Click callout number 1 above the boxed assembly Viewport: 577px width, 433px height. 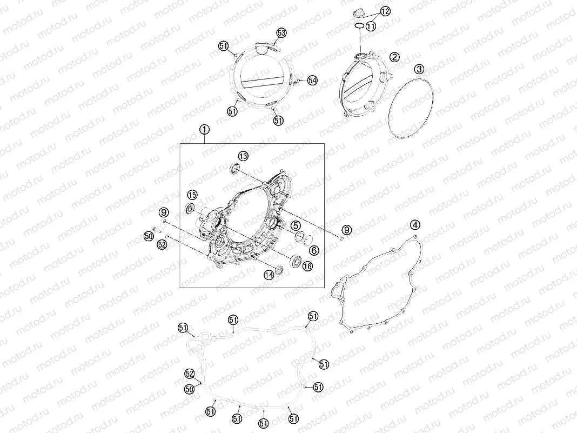(x=205, y=129)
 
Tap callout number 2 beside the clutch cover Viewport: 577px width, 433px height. (x=394, y=57)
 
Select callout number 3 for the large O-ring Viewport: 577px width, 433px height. (x=419, y=69)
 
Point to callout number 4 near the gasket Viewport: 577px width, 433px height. (x=415, y=224)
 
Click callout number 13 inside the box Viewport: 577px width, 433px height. (x=243, y=156)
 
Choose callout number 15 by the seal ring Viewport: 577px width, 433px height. (x=192, y=195)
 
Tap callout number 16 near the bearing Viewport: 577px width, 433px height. (x=307, y=266)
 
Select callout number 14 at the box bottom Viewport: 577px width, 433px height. (x=269, y=275)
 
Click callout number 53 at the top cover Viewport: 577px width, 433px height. (x=281, y=33)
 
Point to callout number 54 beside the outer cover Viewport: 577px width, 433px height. (x=312, y=80)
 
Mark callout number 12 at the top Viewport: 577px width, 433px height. (x=385, y=11)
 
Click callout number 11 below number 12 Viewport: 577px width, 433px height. (x=371, y=26)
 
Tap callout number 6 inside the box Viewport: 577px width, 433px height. (x=314, y=250)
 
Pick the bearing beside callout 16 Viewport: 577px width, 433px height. (x=295, y=261)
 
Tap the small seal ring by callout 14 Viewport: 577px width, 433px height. (x=279, y=270)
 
